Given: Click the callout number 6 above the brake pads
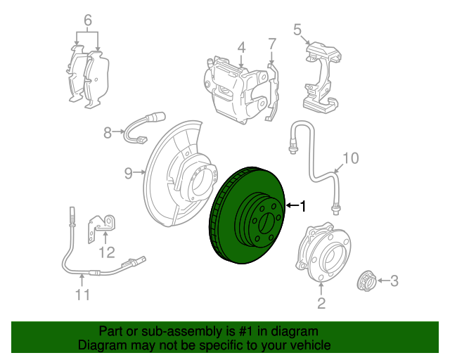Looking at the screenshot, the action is [x=88, y=20].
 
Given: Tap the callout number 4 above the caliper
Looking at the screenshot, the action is [x=242, y=48].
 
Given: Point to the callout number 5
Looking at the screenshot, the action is [x=297, y=30].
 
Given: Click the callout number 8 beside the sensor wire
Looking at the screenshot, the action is [x=108, y=133].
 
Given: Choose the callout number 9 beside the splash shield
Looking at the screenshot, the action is [x=128, y=173].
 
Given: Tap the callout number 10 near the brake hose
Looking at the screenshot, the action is [x=350, y=158].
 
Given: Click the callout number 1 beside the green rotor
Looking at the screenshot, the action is [x=303, y=206].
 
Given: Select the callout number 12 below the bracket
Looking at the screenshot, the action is [x=106, y=252].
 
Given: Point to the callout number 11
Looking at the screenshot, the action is [x=83, y=295].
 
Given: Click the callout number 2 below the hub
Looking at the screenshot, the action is [x=321, y=303].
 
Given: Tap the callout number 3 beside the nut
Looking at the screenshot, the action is [x=394, y=281].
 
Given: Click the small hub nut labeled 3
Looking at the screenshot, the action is [x=366, y=281].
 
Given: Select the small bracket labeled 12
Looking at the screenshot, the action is [x=101, y=229].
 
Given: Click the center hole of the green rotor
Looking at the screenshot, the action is [x=266, y=224].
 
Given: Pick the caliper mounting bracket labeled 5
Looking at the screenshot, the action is [x=323, y=77].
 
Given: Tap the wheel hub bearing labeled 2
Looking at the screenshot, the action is [x=323, y=252].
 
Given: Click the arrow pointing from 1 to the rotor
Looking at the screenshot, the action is [x=292, y=205].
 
